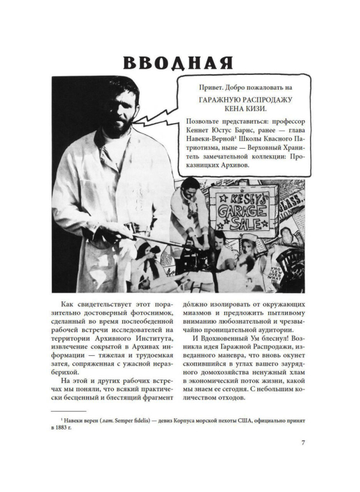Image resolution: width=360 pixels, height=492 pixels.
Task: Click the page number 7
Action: click(x=303, y=442)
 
